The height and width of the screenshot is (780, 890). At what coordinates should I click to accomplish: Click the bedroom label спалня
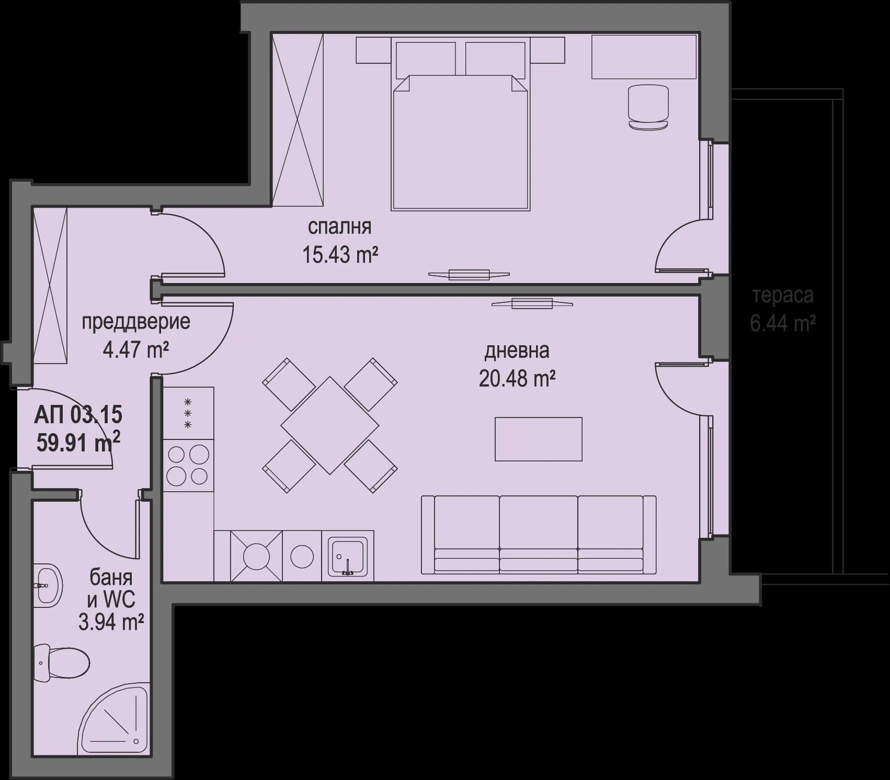(x=339, y=227)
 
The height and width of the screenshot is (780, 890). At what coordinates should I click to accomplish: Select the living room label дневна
(x=517, y=351)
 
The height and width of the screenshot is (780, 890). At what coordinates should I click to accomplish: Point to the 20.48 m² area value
(x=517, y=378)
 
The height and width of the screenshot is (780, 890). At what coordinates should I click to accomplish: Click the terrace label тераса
(x=783, y=296)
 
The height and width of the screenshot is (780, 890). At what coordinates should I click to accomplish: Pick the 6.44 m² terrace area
(x=783, y=324)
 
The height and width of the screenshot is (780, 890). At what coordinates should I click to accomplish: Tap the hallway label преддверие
(x=135, y=322)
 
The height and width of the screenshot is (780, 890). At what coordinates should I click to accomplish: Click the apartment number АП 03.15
(x=78, y=415)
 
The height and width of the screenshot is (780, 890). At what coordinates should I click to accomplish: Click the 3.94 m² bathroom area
(x=111, y=623)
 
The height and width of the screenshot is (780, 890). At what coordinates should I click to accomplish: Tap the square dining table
(x=329, y=425)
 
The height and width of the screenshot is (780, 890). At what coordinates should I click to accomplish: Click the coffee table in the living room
(x=538, y=439)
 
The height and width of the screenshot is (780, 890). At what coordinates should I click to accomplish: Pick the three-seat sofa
(x=539, y=534)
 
